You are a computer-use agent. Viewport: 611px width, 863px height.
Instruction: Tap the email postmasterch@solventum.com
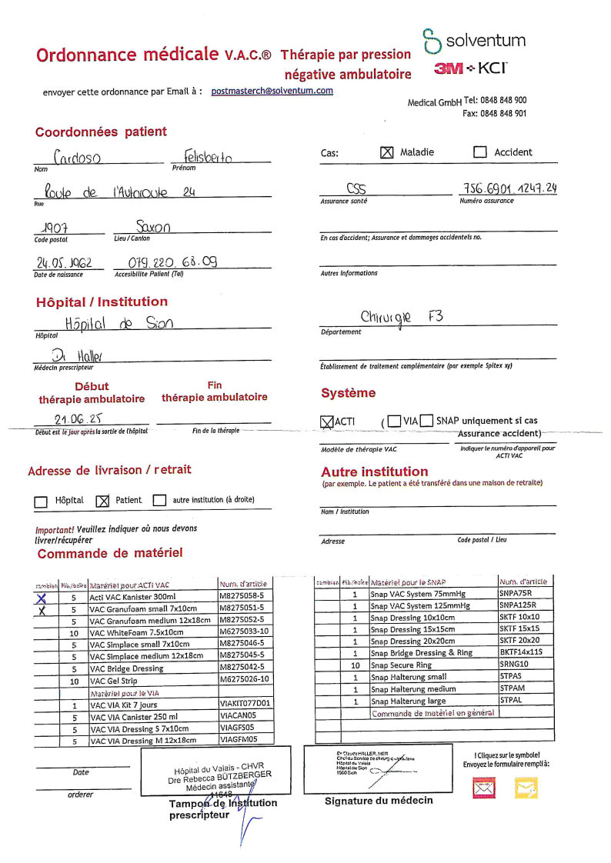point(272,91)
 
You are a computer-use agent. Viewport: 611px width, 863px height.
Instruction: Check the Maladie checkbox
point(387,152)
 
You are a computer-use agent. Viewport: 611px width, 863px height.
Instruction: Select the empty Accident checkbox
point(480,152)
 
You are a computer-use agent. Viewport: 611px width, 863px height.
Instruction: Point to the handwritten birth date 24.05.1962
point(63,263)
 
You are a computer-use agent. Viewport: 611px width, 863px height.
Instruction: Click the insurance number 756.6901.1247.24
point(510,189)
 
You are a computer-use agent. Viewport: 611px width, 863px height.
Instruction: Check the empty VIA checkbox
point(394,421)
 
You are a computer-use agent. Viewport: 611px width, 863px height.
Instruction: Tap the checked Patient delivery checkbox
point(102,501)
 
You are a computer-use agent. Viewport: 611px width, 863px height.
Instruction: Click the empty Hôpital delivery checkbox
point(42,501)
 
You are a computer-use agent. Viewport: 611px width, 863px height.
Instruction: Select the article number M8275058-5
point(242,595)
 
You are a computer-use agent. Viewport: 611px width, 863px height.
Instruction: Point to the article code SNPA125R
point(522,606)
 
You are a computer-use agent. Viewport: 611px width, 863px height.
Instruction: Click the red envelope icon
point(484,786)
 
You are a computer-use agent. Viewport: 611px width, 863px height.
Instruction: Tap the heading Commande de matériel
point(110,553)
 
